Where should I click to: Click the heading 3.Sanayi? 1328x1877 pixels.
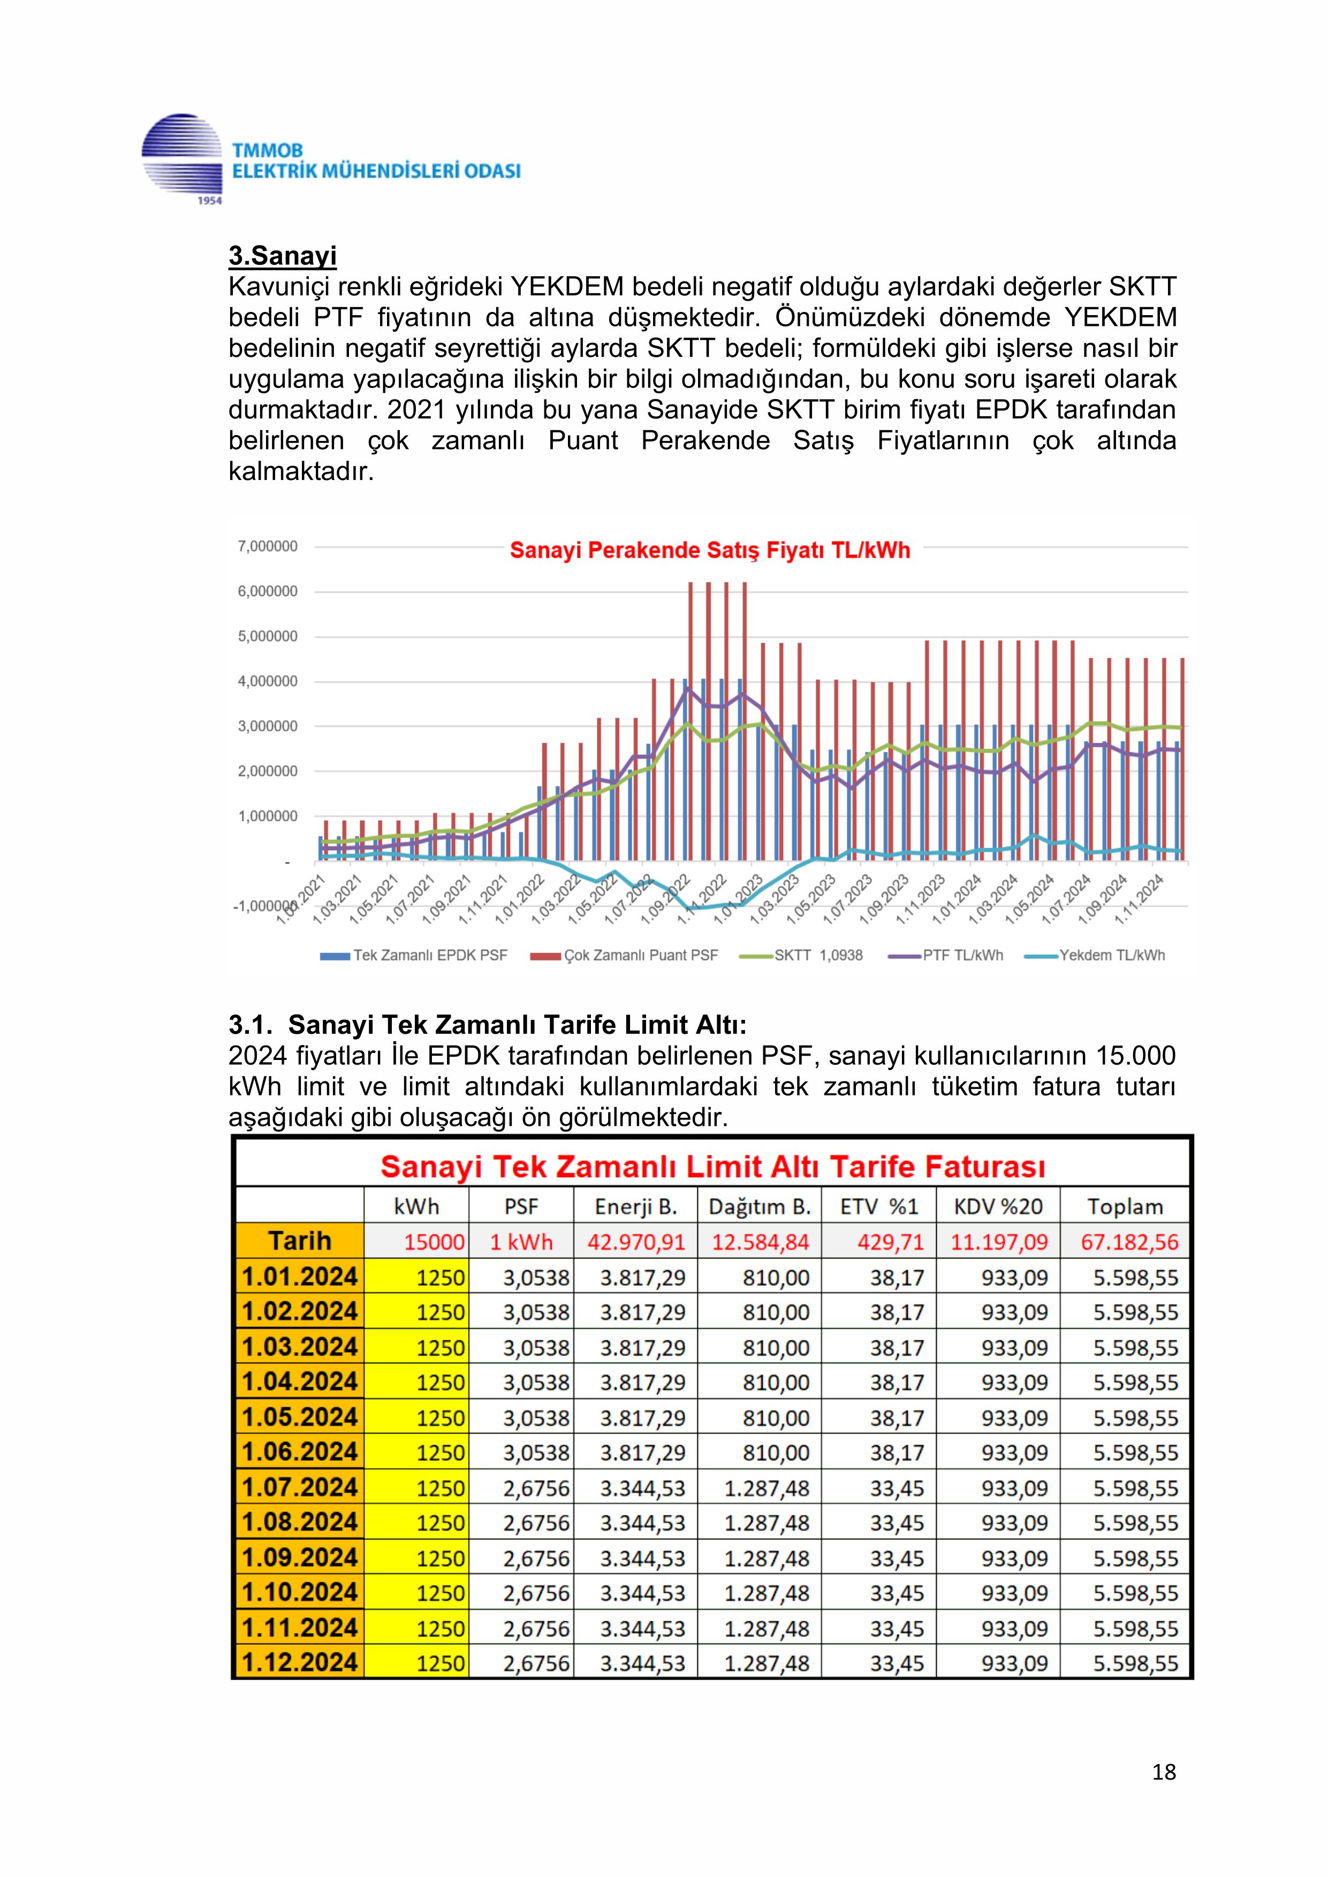click(282, 256)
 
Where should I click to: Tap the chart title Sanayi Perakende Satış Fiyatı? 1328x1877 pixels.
click(709, 550)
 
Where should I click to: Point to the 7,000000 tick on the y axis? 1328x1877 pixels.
click(268, 546)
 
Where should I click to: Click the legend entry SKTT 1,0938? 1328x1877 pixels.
click(818, 955)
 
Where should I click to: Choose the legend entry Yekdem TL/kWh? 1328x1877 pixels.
click(1111, 955)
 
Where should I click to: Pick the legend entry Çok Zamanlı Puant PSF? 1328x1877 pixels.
click(640, 955)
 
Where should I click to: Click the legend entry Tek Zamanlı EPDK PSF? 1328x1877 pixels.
click(429, 955)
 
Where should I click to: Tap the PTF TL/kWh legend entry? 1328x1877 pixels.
click(962, 955)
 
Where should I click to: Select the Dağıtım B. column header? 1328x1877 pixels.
click(759, 1207)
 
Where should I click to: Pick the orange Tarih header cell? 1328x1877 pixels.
click(299, 1241)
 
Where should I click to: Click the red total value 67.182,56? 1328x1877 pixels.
click(1129, 1242)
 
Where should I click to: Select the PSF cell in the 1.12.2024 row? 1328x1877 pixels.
click(536, 1663)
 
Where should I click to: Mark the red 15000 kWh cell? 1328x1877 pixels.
click(434, 1242)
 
